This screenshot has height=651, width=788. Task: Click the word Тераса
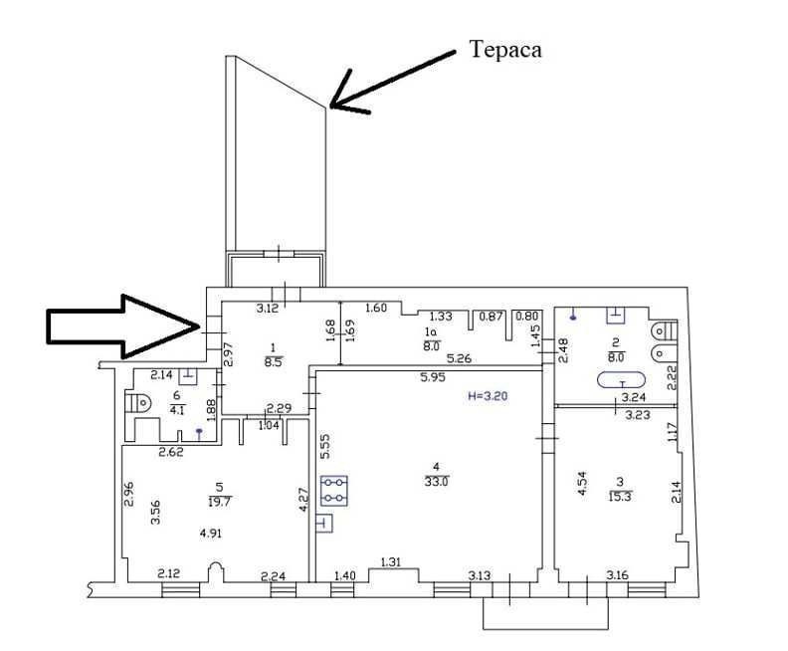pos(505,49)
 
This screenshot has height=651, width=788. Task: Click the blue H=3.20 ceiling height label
pos(490,395)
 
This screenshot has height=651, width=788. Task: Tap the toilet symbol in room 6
pos(138,404)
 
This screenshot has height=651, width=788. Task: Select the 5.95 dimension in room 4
pos(430,377)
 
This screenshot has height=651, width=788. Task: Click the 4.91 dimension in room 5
pos(211,534)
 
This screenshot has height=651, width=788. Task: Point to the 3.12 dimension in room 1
pos(267,309)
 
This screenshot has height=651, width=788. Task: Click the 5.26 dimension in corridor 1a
pos(459,358)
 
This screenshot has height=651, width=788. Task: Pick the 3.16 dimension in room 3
pos(618,574)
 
